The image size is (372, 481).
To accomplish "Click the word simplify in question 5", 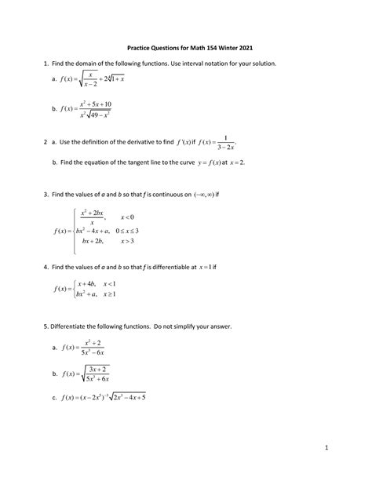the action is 213,323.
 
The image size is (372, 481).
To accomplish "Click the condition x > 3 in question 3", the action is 127,242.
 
